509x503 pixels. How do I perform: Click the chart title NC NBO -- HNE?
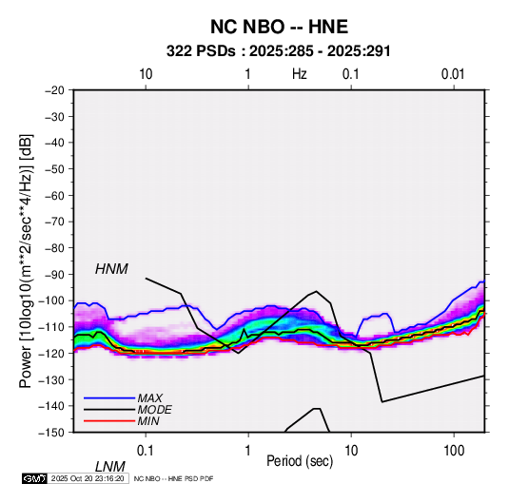279,27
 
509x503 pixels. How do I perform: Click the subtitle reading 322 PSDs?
201,51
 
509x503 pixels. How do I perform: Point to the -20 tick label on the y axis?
54,90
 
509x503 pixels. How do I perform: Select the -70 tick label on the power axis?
54,222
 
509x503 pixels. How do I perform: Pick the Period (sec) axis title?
300,461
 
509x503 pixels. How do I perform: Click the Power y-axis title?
26,261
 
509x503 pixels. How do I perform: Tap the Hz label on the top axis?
300,74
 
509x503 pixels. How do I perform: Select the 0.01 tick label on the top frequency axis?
453,74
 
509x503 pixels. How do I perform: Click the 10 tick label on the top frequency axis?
146,74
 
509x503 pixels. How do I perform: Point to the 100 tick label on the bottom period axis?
454,451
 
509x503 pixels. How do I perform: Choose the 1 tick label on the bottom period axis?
248,451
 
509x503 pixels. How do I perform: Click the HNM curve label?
111,269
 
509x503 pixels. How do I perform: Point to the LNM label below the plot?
110,467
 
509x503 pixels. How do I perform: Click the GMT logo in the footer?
35,478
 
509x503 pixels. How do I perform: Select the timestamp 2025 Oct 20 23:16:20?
88,478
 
